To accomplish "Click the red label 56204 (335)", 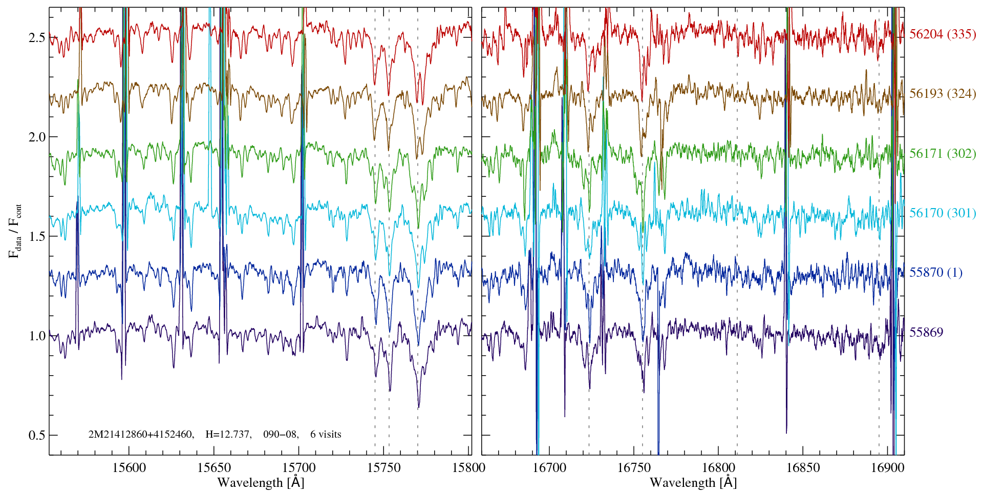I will point(942,34).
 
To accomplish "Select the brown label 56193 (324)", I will point(942,94).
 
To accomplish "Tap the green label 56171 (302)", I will point(942,154).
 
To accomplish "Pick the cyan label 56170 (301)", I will point(942,213).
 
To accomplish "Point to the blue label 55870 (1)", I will point(935,273).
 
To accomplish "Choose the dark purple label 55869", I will point(926,333).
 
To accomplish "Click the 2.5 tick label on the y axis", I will point(37,38).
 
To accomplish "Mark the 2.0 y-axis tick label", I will point(37,137).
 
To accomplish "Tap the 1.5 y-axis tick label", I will point(37,237).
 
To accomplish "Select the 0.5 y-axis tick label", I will point(37,436).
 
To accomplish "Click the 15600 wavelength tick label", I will point(129,468).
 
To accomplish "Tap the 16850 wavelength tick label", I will point(802,468).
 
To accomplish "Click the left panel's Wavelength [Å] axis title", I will point(261,483).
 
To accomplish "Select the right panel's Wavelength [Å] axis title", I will point(693,483).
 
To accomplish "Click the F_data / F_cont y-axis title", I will point(15,231).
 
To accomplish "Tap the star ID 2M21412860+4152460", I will point(141,435).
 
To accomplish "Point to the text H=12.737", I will point(228,435).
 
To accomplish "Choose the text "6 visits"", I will point(326,435).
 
